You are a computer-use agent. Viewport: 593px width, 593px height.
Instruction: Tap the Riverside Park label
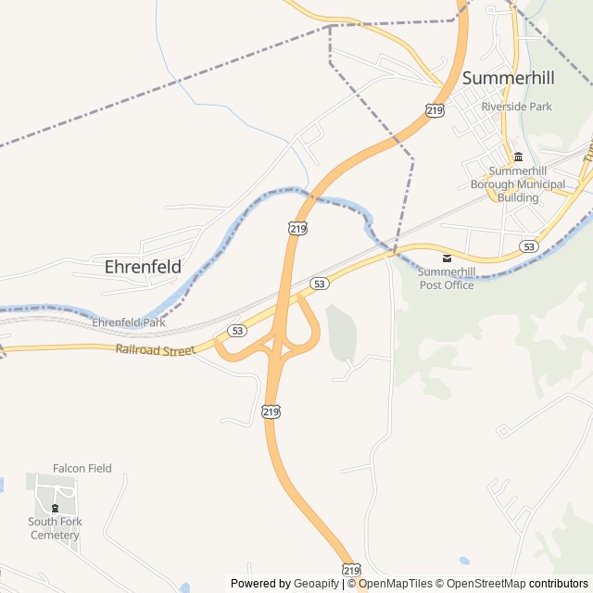click(x=516, y=107)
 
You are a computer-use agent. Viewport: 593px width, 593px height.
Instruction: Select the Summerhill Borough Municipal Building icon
click(x=518, y=156)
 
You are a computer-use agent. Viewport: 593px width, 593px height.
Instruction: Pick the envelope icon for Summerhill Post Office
click(x=447, y=257)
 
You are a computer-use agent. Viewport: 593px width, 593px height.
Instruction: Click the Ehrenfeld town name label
click(x=143, y=266)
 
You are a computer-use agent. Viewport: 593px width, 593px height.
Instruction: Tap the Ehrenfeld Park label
click(x=128, y=322)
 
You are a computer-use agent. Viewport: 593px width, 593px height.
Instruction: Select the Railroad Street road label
click(x=155, y=350)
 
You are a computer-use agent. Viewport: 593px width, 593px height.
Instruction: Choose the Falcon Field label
click(x=82, y=468)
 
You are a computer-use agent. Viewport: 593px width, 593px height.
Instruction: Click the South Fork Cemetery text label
click(x=55, y=528)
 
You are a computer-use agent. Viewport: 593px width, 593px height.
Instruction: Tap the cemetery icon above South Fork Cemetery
click(x=55, y=508)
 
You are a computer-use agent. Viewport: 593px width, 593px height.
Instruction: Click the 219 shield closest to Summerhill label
click(x=435, y=110)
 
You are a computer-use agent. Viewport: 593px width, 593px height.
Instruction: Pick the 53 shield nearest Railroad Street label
click(x=238, y=331)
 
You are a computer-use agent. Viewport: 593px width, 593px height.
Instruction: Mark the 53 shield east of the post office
click(x=528, y=246)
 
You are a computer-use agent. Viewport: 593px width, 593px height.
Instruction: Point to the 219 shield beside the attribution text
click(x=350, y=570)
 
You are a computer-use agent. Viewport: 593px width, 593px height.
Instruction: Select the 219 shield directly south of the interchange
click(x=271, y=411)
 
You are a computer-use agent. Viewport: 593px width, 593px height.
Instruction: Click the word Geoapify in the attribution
click(x=316, y=584)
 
